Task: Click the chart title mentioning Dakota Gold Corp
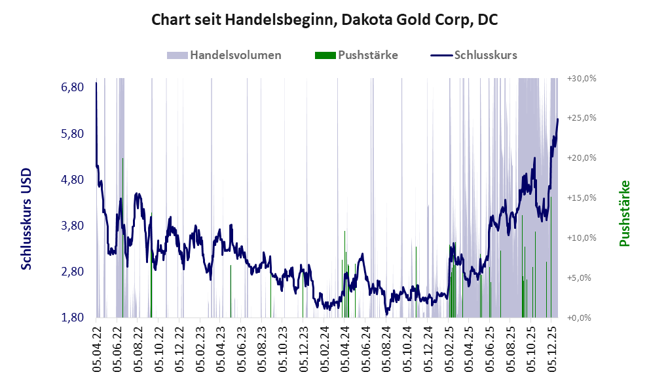pyautogui.click(x=324, y=20)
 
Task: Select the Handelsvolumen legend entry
pyautogui.click(x=236, y=55)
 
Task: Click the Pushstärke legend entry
pyautogui.click(x=367, y=55)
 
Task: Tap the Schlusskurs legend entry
pyautogui.click(x=485, y=55)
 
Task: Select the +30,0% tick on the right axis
pyautogui.click(x=582, y=78)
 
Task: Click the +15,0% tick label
pyautogui.click(x=582, y=197)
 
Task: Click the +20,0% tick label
pyautogui.click(x=582, y=157)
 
